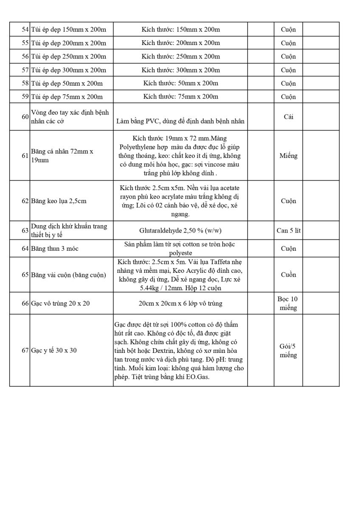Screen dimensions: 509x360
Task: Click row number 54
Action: tap(25, 30)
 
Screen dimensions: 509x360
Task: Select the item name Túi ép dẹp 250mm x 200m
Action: tap(68, 56)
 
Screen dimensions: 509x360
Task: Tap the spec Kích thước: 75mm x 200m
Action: tap(180, 97)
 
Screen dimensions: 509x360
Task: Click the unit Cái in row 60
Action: tap(288, 117)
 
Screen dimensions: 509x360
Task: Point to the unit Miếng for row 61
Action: tap(288, 156)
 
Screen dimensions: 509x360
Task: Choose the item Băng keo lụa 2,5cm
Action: tap(59, 201)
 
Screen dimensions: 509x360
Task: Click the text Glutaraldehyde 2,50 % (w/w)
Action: tap(180, 231)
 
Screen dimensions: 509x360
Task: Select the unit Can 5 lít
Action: tap(288, 231)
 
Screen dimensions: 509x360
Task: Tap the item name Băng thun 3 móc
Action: tap(55, 249)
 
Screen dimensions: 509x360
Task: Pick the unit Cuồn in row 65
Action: tap(288, 275)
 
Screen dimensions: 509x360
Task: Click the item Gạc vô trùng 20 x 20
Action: tap(60, 304)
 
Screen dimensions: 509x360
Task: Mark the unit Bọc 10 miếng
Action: tap(288, 303)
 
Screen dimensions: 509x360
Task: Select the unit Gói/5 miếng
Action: tap(288, 351)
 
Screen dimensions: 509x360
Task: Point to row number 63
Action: tap(25, 231)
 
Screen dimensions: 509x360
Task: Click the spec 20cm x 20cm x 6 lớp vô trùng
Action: tap(180, 304)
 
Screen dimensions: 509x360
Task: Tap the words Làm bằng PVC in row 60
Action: tap(135, 122)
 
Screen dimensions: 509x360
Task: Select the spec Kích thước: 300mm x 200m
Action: tap(180, 70)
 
